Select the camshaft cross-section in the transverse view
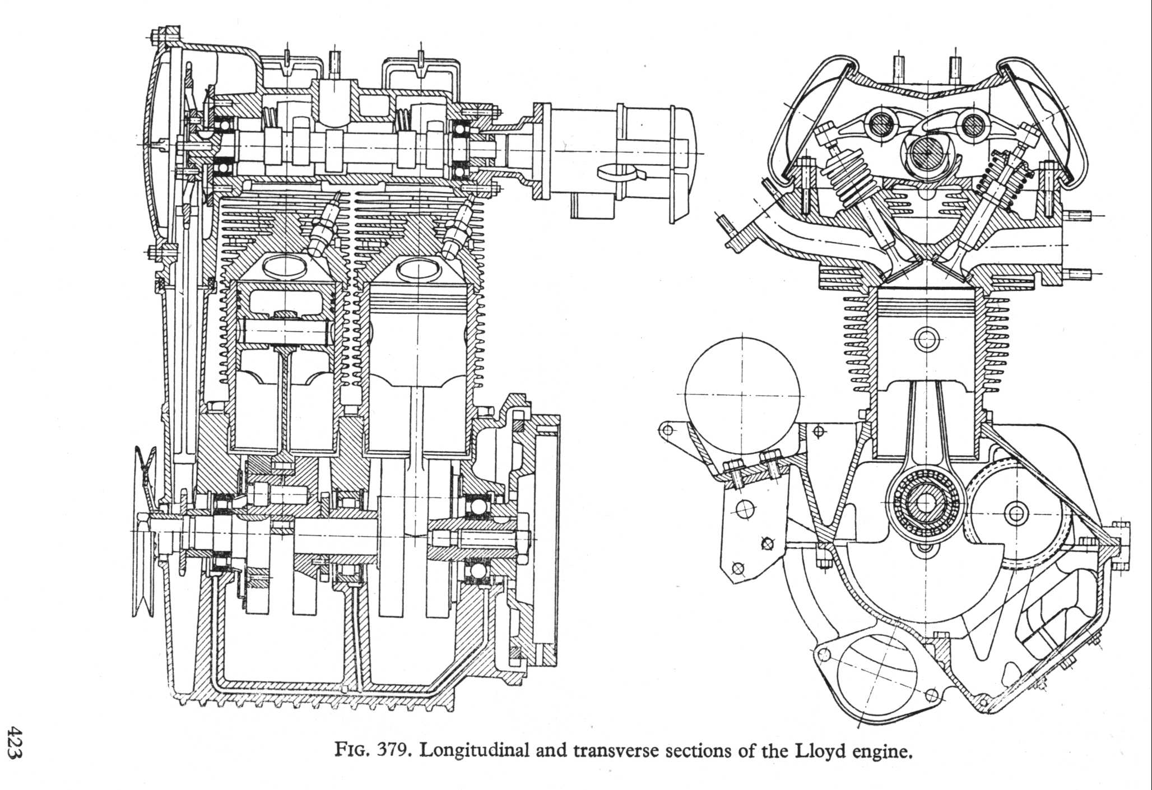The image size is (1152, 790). pos(926,152)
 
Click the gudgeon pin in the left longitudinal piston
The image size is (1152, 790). pos(285,331)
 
